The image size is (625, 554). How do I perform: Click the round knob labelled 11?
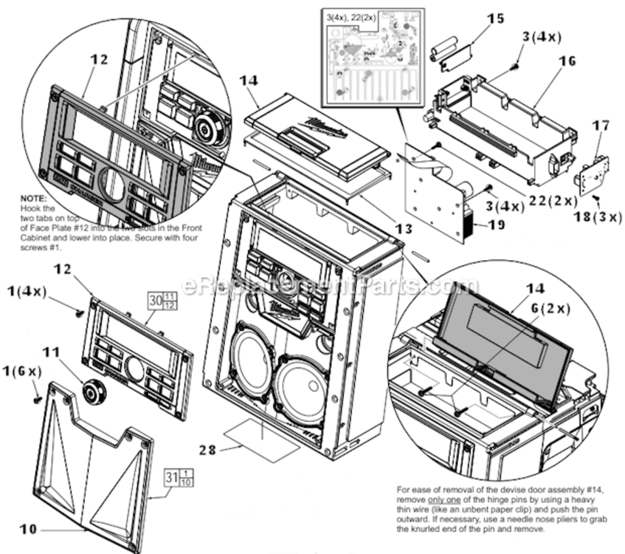[93, 391]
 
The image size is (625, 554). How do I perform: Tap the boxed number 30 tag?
[155, 301]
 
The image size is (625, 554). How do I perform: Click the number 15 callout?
[496, 17]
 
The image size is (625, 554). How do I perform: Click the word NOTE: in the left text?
[34, 199]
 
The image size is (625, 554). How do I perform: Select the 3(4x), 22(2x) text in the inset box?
[350, 16]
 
